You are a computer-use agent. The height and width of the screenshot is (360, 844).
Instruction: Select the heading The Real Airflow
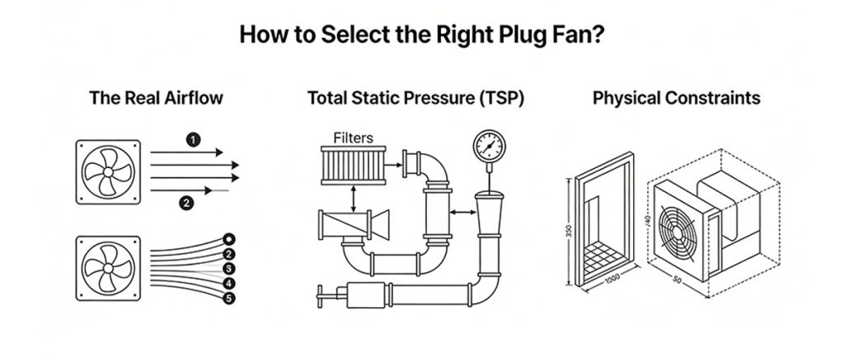point(156,99)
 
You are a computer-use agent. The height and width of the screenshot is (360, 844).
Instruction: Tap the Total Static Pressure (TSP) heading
point(416,99)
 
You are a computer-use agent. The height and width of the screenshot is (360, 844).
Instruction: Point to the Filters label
point(354,137)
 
